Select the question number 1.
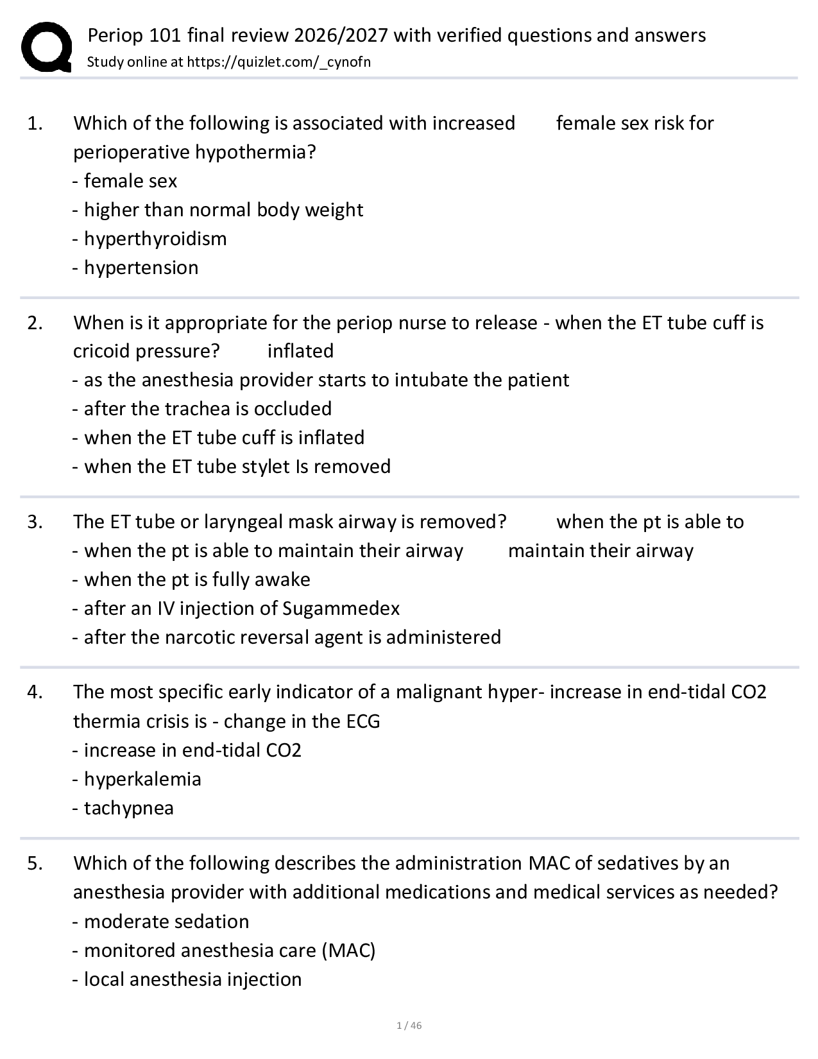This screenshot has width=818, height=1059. (x=35, y=123)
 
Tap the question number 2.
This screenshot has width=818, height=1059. (x=35, y=322)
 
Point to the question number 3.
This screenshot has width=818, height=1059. (x=35, y=522)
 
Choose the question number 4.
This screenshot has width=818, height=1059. (x=35, y=692)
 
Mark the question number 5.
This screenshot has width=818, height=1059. (x=35, y=863)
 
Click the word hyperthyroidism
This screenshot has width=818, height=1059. (x=155, y=239)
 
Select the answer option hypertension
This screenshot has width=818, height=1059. (x=141, y=268)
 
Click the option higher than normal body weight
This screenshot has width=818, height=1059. (x=223, y=210)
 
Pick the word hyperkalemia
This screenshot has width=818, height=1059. (x=142, y=779)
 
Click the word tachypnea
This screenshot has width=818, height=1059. (x=128, y=808)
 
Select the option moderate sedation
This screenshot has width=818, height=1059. (x=166, y=922)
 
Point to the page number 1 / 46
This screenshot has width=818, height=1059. (x=409, y=1025)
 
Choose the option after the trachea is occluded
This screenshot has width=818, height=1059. (x=208, y=409)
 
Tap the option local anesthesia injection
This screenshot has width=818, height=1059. (x=192, y=979)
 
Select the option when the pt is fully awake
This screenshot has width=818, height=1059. (x=197, y=580)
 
